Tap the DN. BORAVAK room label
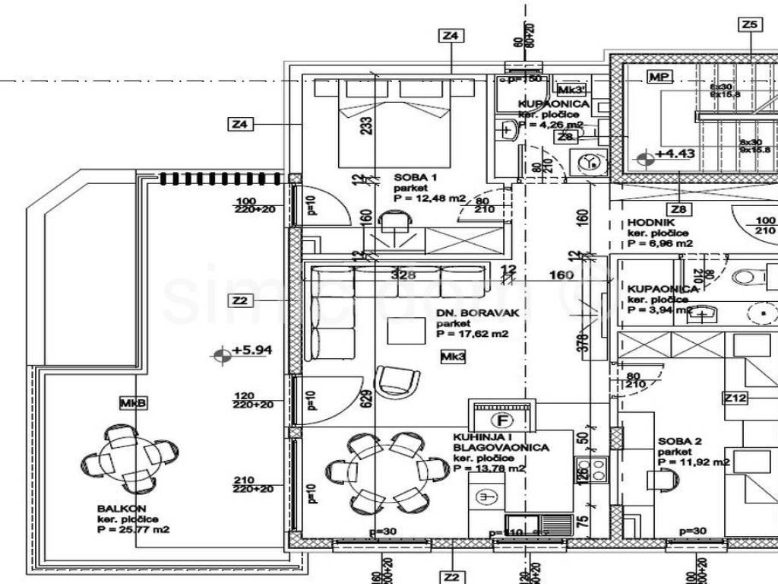(466, 313)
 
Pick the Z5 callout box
(749, 25)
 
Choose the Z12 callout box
(735, 398)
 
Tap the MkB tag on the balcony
(131, 401)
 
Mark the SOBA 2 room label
(680, 441)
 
